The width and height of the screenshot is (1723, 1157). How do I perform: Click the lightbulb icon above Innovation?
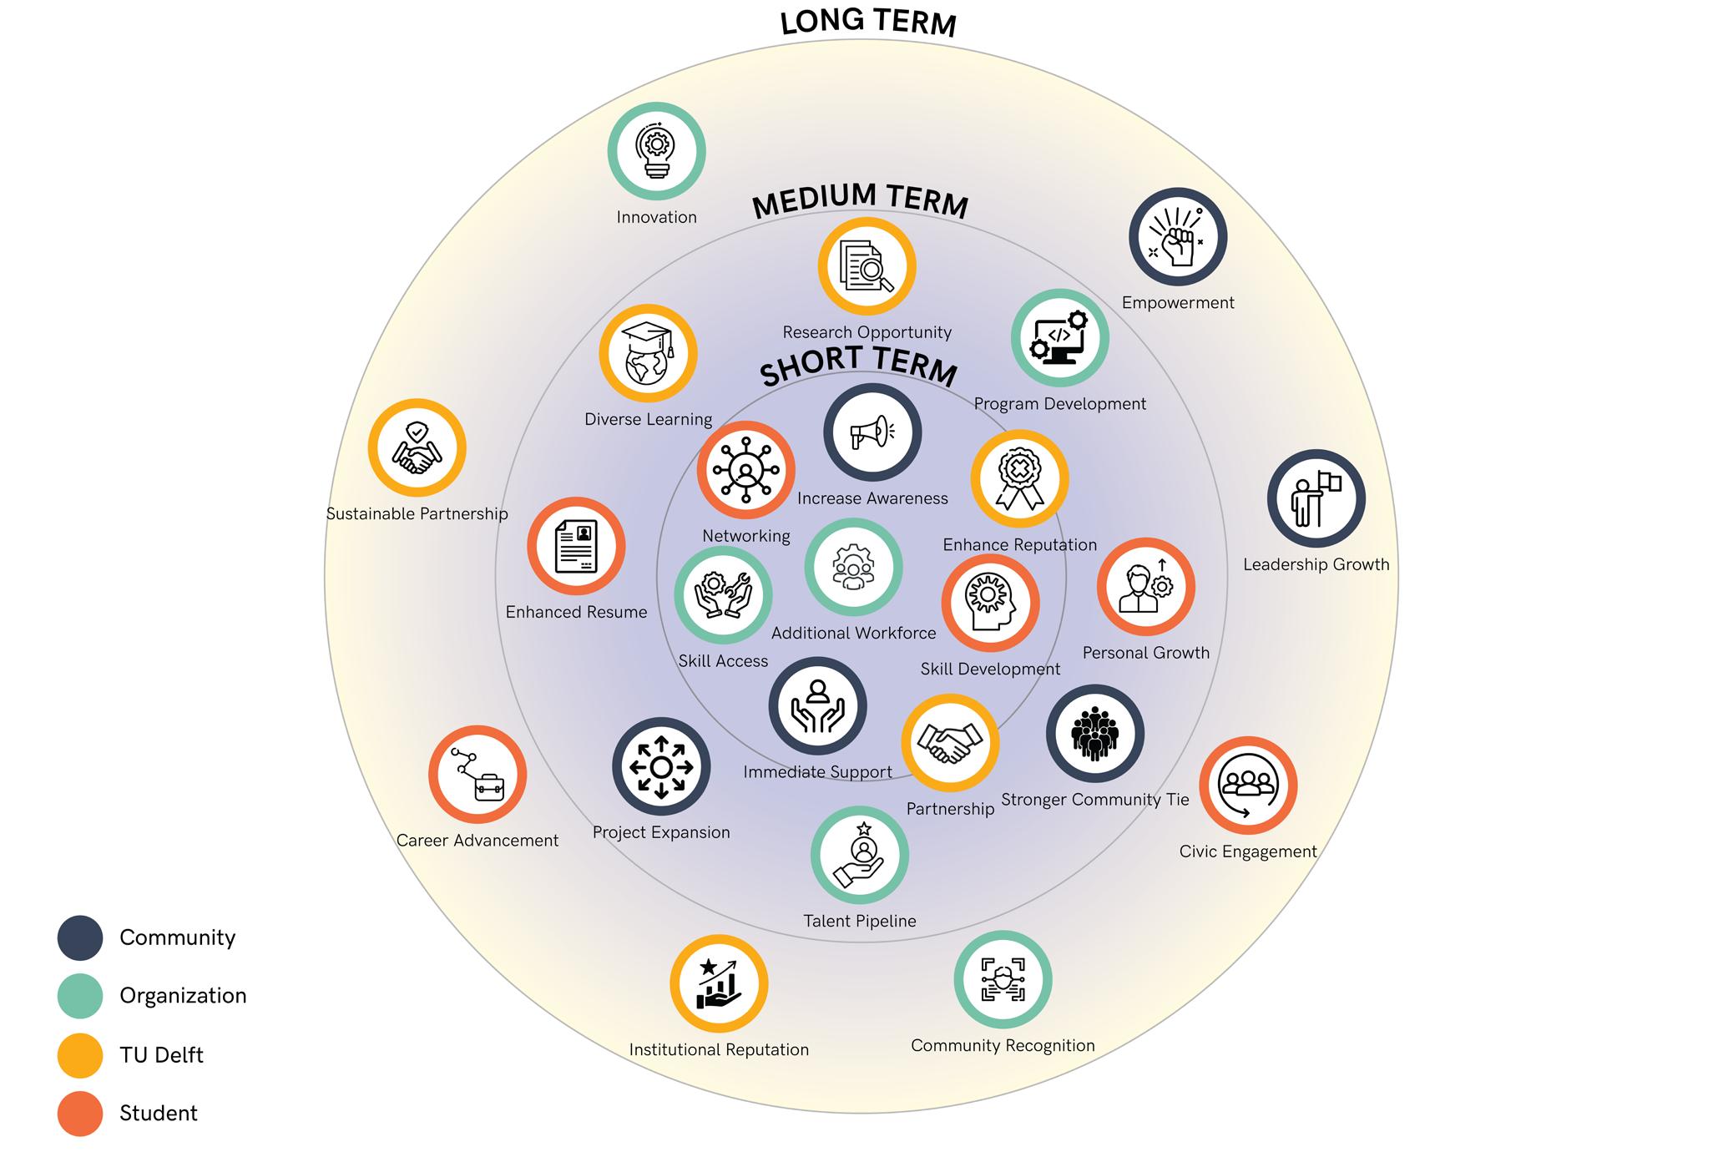point(656,151)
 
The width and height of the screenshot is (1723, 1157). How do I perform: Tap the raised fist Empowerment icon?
point(1177,237)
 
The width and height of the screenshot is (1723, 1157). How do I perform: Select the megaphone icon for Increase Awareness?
point(872,432)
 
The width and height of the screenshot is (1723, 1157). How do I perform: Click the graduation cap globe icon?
point(648,354)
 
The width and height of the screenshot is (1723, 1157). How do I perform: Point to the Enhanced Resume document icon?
point(576,547)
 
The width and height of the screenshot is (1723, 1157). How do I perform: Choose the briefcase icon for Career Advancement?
point(477,775)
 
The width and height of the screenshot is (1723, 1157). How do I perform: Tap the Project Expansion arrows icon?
point(661,766)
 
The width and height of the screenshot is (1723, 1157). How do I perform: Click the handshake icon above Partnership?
point(950,742)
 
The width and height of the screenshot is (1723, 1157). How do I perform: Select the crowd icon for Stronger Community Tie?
point(1094,734)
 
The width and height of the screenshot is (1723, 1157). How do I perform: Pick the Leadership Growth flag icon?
point(1316,499)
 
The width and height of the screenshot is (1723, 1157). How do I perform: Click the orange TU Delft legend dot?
point(80,1055)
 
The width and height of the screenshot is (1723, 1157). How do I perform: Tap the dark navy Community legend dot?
point(80,937)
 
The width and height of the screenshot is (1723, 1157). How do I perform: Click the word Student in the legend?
point(159,1114)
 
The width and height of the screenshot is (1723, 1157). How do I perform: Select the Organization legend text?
point(183,996)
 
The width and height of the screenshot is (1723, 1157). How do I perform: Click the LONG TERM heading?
point(868,23)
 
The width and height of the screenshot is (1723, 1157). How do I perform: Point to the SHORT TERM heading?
point(858,367)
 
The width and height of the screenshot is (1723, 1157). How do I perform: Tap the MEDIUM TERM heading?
point(860,201)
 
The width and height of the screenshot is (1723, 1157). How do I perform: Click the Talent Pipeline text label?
point(860,922)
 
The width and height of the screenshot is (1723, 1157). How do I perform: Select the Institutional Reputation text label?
point(719,1050)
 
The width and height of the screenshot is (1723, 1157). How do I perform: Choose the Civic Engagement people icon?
point(1247,786)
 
